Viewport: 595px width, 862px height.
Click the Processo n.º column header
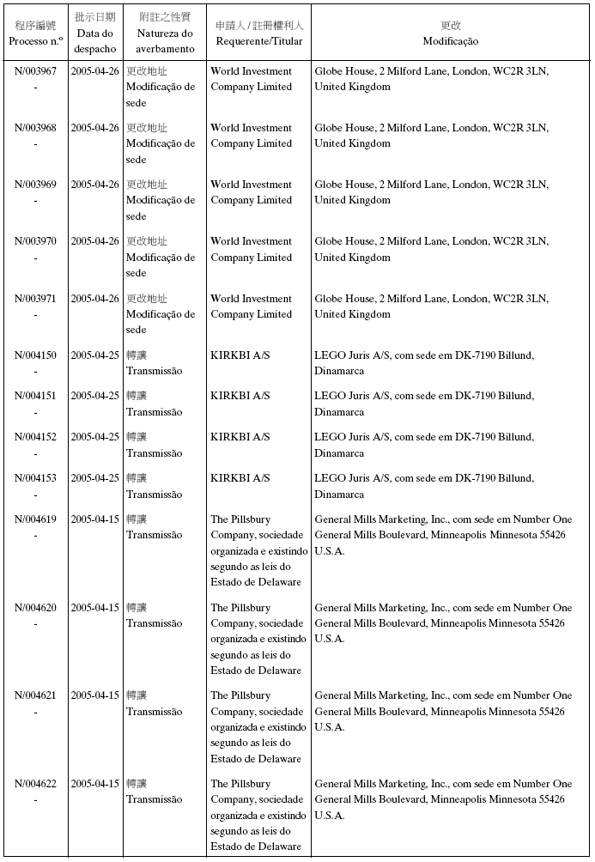point(35,33)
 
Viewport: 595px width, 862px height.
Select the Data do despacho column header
point(95,33)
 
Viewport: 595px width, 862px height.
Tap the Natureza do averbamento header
point(165,33)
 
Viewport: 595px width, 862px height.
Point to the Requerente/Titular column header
point(258,33)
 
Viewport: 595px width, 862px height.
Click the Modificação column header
point(450,33)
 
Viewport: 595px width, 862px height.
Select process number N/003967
point(36,71)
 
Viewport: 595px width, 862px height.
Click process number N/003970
point(36,241)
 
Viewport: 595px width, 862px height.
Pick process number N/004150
point(36,355)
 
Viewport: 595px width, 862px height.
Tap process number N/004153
point(36,478)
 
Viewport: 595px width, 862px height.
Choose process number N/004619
point(36,519)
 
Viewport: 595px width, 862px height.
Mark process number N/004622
point(36,784)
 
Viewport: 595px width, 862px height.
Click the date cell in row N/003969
point(95,185)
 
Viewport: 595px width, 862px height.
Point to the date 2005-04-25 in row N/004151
point(95,396)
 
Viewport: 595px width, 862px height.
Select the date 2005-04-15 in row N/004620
point(95,608)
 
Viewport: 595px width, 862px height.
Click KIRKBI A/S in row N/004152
point(240,437)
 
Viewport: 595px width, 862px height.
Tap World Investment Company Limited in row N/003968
point(251,136)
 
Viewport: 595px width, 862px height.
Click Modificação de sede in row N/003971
point(161,314)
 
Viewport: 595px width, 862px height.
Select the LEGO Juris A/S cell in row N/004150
point(424,362)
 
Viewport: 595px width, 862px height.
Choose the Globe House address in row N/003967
point(431,79)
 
